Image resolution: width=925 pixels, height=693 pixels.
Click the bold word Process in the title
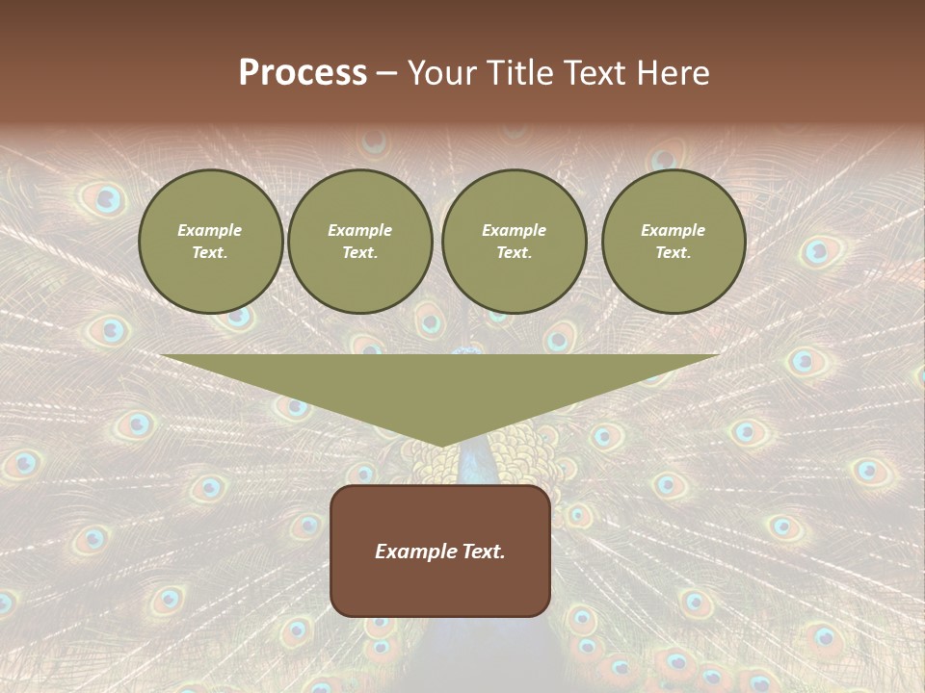point(303,73)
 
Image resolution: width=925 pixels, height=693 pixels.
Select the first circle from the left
point(210,242)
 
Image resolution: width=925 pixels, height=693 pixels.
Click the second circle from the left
point(360,242)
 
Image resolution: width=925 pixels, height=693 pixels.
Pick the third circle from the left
point(514,242)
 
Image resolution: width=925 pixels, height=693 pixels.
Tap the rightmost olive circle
point(674,242)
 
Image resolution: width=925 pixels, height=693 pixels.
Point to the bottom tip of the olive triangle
point(441,446)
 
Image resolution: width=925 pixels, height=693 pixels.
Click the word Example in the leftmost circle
point(210,230)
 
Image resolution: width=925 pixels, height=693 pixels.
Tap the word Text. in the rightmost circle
point(674,253)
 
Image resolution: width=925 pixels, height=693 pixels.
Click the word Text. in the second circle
point(360,253)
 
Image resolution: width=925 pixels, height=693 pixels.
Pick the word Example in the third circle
point(514,230)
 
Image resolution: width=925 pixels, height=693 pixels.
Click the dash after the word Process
point(386,73)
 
